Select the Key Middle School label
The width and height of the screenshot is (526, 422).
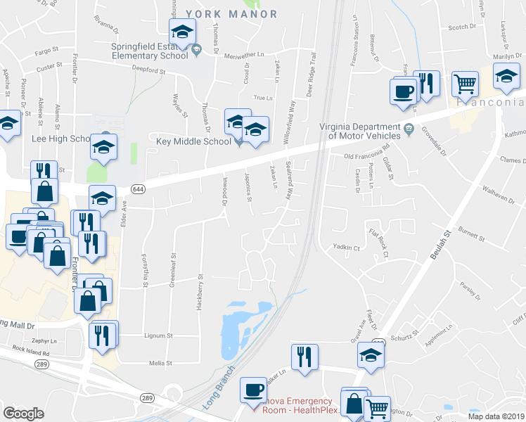(x=193, y=141)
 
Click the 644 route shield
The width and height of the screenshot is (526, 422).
(x=136, y=188)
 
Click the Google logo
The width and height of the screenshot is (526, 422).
(x=23, y=413)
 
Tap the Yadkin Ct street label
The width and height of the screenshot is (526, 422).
(x=347, y=248)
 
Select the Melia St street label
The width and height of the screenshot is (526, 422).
(x=160, y=363)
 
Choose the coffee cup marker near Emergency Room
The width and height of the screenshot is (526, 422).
(x=252, y=389)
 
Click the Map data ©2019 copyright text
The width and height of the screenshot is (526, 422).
(x=496, y=416)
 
